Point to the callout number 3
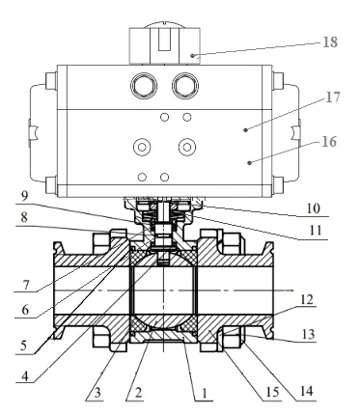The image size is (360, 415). [96, 396]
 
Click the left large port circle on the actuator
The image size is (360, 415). [146, 86]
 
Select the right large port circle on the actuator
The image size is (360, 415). [184, 86]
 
